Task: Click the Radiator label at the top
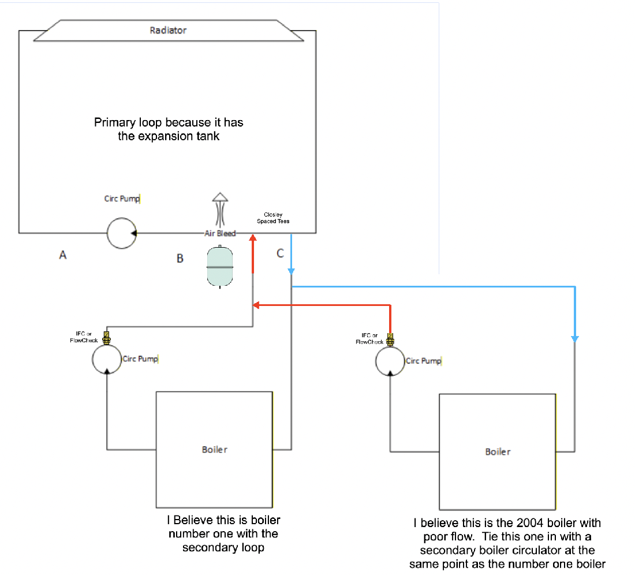(168, 30)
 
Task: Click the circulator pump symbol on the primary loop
(121, 233)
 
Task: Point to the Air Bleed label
(220, 233)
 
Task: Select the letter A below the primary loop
(63, 254)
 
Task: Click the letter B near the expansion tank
(180, 259)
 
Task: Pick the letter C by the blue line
(280, 253)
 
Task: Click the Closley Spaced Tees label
(273, 218)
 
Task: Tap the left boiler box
(214, 449)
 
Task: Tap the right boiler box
(497, 451)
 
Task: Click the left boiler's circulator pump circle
(107, 360)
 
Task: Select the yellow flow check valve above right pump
(390, 338)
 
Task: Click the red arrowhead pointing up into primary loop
(253, 237)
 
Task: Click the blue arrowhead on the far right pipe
(574, 338)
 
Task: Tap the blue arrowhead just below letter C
(292, 271)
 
